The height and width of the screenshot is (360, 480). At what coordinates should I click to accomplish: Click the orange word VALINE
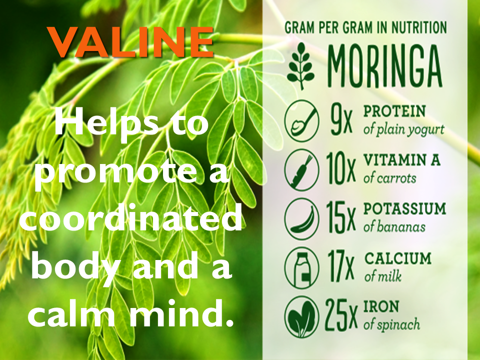130,42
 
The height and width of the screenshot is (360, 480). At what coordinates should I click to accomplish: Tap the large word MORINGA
384,66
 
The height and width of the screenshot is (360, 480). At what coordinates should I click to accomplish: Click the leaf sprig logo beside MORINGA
301,66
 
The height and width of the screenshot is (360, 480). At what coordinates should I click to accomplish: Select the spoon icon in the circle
301,120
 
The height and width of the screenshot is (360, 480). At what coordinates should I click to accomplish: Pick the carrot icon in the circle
301,170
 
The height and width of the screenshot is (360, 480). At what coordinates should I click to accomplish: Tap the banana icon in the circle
301,219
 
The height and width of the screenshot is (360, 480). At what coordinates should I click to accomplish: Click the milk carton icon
301,268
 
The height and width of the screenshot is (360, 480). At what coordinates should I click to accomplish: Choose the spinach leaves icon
301,317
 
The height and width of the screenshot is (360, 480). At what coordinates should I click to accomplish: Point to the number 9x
341,120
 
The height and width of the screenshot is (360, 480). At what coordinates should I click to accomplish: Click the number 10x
341,169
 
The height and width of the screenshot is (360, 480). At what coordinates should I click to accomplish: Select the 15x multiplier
341,218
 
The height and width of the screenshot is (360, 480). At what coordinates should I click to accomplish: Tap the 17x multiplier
341,266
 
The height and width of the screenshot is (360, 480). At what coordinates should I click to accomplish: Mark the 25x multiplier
341,315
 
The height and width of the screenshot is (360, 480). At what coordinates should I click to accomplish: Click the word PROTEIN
394,111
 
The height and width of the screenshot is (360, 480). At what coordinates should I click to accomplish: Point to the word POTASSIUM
404,209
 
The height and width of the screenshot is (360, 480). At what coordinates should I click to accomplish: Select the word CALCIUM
397,258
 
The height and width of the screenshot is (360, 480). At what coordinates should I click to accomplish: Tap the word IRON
381,306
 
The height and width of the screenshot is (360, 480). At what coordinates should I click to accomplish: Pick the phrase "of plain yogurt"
404,130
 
